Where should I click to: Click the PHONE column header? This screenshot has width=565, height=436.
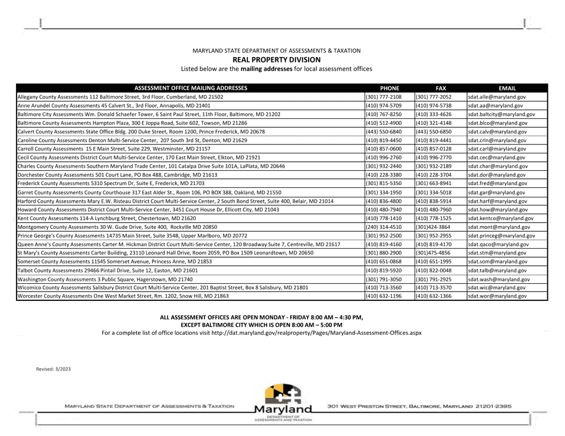click(390, 87)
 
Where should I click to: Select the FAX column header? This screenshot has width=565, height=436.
click(441, 87)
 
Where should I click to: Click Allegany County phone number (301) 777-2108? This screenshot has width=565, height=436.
click(384, 96)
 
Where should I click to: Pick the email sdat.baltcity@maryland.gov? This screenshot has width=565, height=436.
click(501, 114)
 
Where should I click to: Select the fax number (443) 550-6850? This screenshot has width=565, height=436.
click(433, 131)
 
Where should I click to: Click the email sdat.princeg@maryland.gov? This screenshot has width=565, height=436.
click(501, 236)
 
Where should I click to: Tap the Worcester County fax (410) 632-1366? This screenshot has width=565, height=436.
click(433, 296)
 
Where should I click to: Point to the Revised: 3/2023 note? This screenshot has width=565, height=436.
click(54, 369)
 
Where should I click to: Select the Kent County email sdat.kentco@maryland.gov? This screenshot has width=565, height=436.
click(500, 218)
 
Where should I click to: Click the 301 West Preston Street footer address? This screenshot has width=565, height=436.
click(419, 406)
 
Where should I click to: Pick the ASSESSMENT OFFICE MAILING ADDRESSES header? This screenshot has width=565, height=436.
click(190, 87)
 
